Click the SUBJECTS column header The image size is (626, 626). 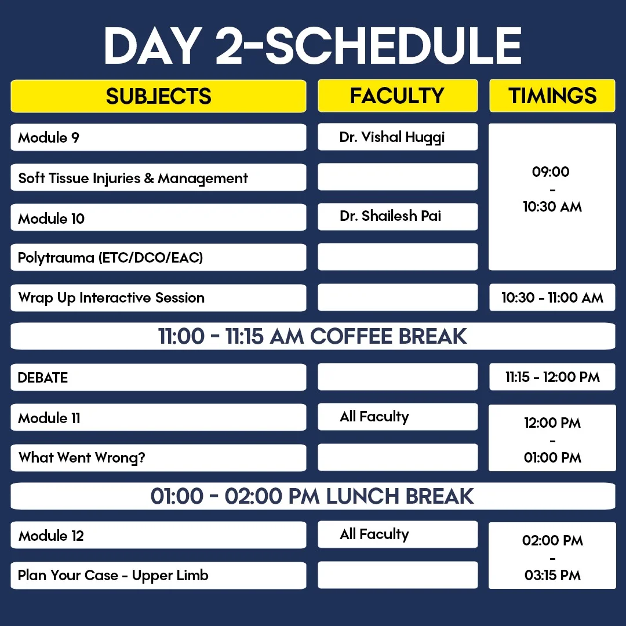tap(158, 96)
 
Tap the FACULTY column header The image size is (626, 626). tap(398, 96)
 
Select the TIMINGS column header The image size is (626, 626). tap(552, 96)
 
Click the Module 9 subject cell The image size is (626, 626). tap(158, 137)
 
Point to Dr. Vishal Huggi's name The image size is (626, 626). tap(392, 137)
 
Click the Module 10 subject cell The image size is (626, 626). tap(158, 217)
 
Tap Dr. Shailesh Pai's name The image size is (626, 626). tap(390, 216)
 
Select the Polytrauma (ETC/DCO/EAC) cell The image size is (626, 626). tap(158, 257)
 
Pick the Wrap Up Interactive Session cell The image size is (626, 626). tap(158, 298)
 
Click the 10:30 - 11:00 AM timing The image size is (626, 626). tap(552, 297)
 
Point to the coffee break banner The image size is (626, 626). tap(313, 336)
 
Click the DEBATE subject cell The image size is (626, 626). tap(158, 377)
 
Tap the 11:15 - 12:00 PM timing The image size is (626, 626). tap(552, 377)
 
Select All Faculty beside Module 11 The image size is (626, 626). tap(374, 417)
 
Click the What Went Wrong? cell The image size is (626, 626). tap(158, 458)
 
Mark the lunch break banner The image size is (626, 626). tap(313, 496)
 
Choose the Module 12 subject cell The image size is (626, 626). tap(158, 535)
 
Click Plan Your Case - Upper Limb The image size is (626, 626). tap(158, 576)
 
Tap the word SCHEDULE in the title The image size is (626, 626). tap(394, 46)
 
